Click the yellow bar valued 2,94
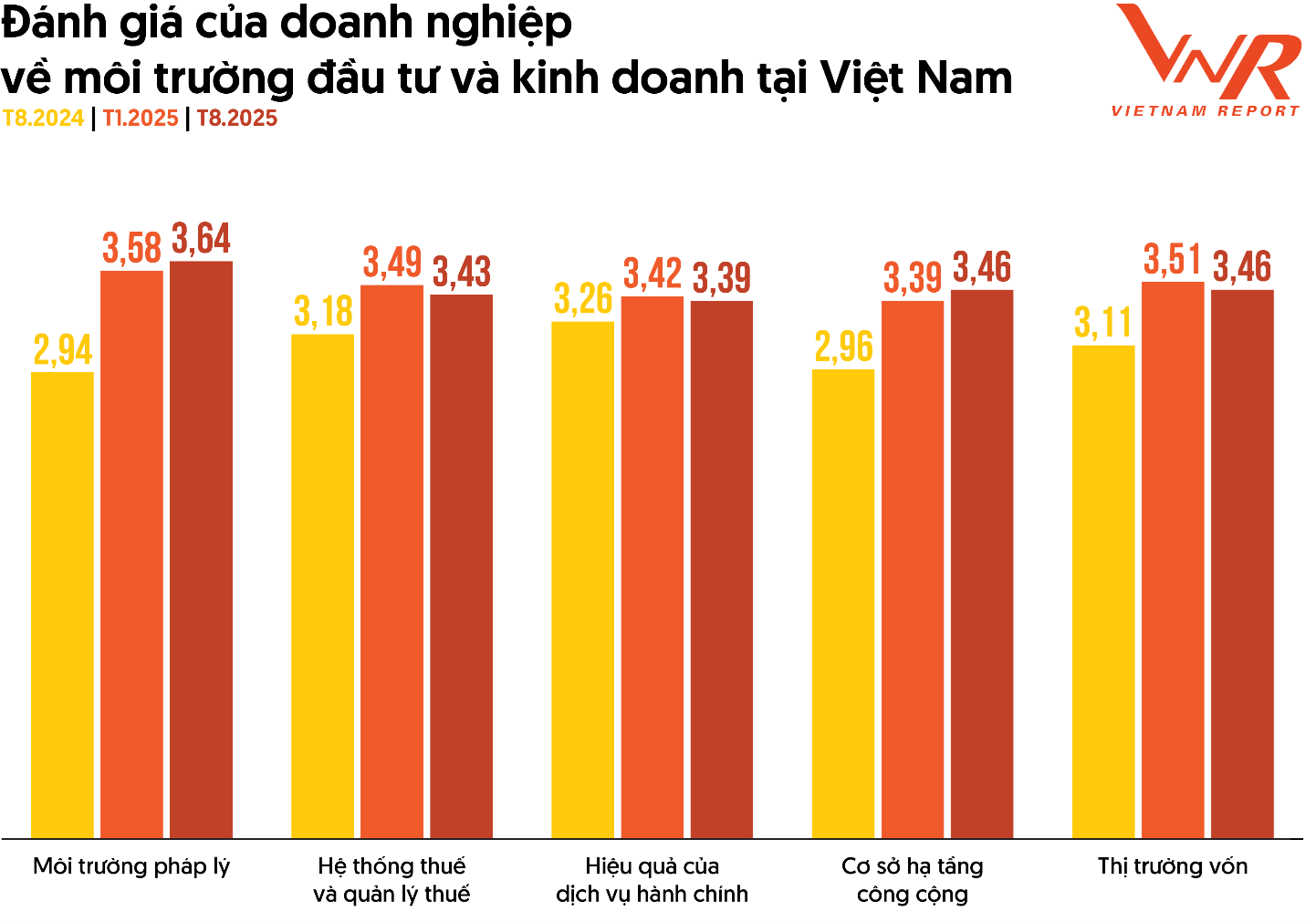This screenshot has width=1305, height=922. click(62, 604)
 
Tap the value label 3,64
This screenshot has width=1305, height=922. click(202, 239)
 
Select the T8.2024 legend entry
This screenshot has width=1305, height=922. click(43, 119)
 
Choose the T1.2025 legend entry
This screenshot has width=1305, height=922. click(141, 119)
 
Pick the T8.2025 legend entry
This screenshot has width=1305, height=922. click(237, 119)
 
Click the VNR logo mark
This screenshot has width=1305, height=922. click(1206, 52)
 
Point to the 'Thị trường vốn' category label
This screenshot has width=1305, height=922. click(1173, 866)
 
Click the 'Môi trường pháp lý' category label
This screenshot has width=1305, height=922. click(131, 866)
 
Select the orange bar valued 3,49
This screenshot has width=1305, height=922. click(391, 561)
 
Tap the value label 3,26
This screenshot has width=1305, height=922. click(583, 299)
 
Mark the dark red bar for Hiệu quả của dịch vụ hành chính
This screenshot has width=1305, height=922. click(721, 569)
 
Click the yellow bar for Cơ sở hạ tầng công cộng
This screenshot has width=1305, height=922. click(843, 603)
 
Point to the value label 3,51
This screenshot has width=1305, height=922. click(1173, 260)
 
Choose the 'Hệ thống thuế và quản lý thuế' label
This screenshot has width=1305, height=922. click(391, 880)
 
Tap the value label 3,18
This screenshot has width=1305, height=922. click(323, 312)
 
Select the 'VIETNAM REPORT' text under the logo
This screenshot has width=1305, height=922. click(1205, 111)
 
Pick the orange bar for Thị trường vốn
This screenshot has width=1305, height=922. click(1173, 559)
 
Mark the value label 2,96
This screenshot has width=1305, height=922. click(843, 347)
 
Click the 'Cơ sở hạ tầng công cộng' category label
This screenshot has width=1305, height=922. click(913, 880)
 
